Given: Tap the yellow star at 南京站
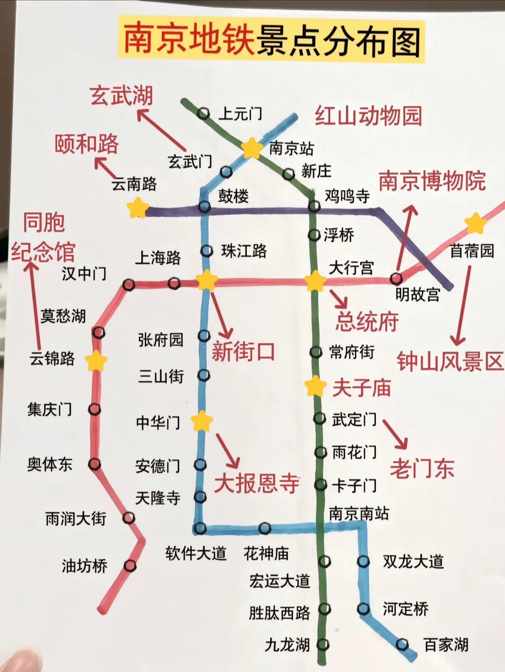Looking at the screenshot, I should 252,148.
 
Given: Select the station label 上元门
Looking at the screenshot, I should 240,114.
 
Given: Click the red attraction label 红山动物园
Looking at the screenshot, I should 368,116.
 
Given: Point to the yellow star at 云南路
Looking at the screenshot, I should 138,208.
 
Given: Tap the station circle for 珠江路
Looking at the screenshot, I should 206,251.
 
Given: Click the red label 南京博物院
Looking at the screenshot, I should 432,181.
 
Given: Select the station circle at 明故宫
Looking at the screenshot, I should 396,279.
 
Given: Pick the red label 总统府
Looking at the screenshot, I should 367,321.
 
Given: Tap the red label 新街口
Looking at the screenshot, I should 243,351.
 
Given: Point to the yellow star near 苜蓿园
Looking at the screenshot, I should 476,224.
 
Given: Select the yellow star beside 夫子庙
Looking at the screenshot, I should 315,386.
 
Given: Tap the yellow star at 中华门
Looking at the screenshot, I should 202,421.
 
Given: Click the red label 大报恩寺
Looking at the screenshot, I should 257,483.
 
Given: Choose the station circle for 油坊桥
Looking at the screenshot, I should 130,566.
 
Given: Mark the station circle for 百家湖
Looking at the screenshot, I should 402,645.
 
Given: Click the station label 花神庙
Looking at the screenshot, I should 266,553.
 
